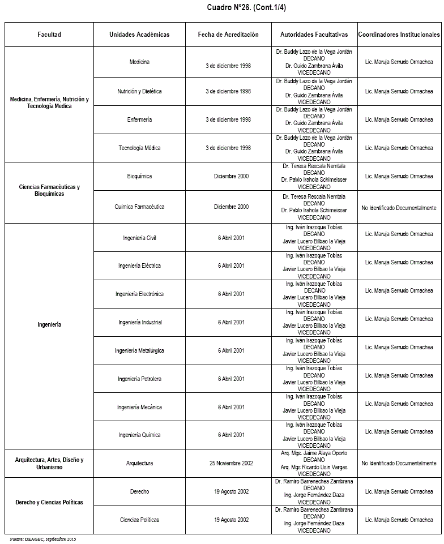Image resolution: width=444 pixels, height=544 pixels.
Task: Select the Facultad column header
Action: click(x=49, y=35)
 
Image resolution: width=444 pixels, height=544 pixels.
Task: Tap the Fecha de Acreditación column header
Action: click(x=228, y=35)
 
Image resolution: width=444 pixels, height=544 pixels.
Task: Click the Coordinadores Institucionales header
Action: click(x=399, y=35)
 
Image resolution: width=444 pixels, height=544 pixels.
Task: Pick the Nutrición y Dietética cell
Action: click(x=139, y=91)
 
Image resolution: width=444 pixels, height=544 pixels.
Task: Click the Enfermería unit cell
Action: click(x=139, y=119)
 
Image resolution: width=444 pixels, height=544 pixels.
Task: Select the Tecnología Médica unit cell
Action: click(x=139, y=148)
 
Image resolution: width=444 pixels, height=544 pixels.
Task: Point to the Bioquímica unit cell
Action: click(x=139, y=176)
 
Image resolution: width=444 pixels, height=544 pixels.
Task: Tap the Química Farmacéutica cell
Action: click(x=139, y=207)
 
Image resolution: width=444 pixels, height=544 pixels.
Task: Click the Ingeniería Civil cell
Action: click(x=139, y=238)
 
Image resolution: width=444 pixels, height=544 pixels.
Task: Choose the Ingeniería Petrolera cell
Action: click(x=139, y=379)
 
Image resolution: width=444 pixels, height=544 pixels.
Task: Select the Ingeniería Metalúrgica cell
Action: click(x=139, y=350)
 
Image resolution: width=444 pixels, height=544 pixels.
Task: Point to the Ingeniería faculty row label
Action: click(x=49, y=324)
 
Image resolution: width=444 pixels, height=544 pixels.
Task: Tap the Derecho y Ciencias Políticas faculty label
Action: click(x=49, y=502)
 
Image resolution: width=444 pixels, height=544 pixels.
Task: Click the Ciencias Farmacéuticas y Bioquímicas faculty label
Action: click(x=49, y=190)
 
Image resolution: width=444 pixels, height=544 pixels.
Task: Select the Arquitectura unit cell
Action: click(x=139, y=463)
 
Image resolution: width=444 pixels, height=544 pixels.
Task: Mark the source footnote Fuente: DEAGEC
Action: click(x=43, y=538)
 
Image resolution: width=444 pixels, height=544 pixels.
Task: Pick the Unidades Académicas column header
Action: click(x=139, y=35)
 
